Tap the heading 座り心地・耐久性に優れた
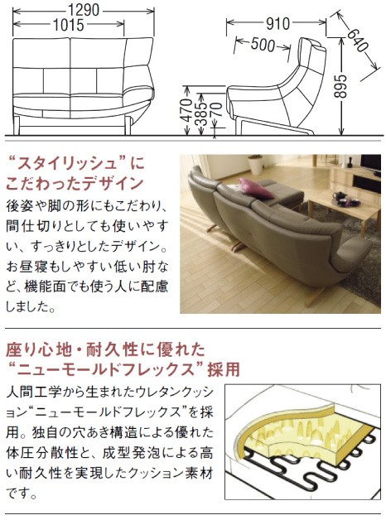coord(98,349)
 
